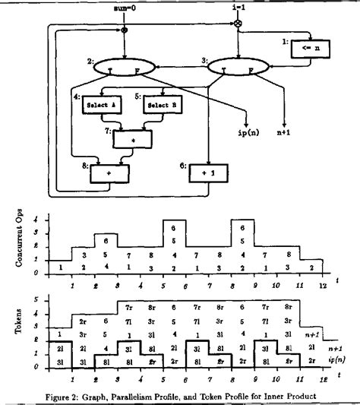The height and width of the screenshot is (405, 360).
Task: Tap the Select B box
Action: [159, 104]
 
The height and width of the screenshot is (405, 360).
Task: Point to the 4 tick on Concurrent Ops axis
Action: [36, 220]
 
